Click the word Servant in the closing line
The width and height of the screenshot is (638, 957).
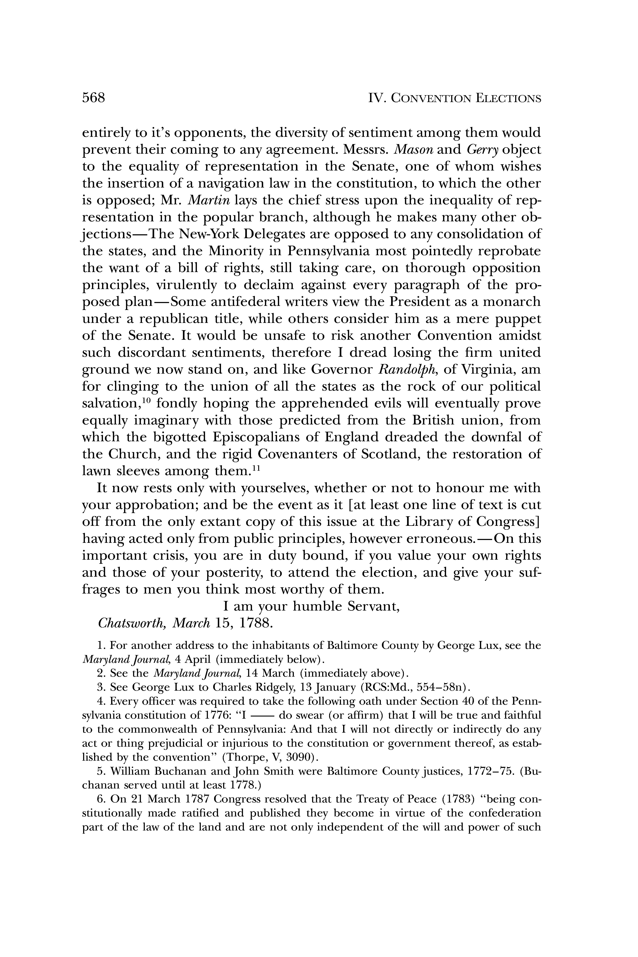[x=374, y=607]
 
